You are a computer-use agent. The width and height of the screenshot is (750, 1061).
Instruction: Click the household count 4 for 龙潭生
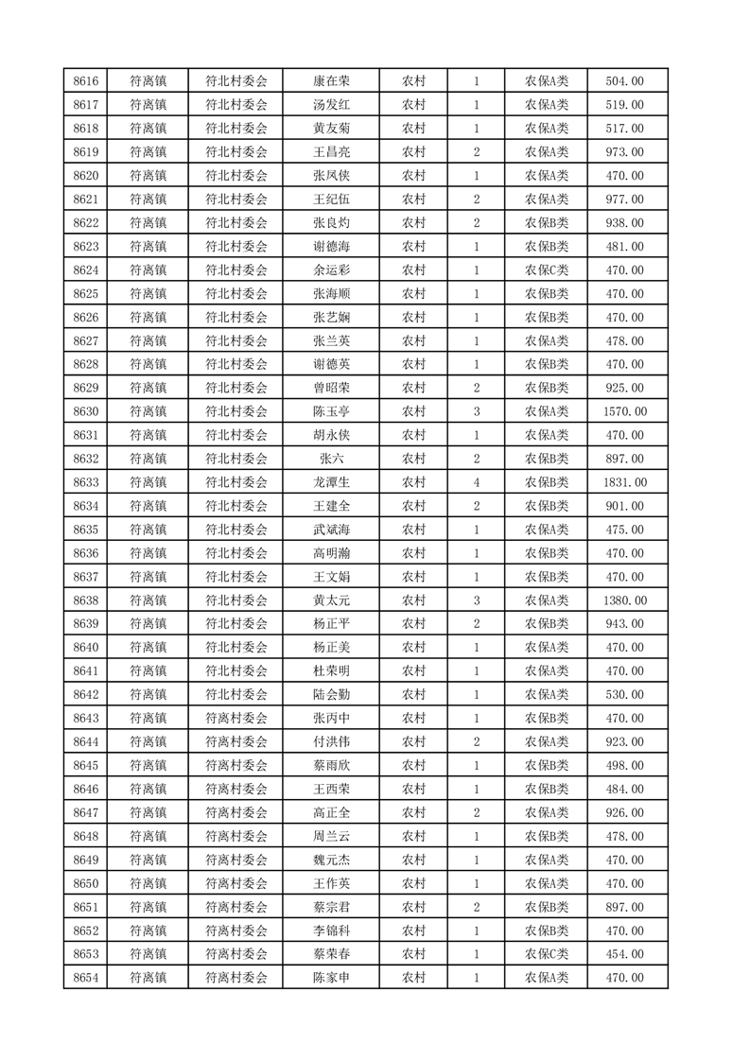[x=476, y=482]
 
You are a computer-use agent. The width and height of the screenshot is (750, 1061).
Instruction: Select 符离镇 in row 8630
[x=148, y=411]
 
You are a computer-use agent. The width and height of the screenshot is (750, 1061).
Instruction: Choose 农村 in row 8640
[x=413, y=648]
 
